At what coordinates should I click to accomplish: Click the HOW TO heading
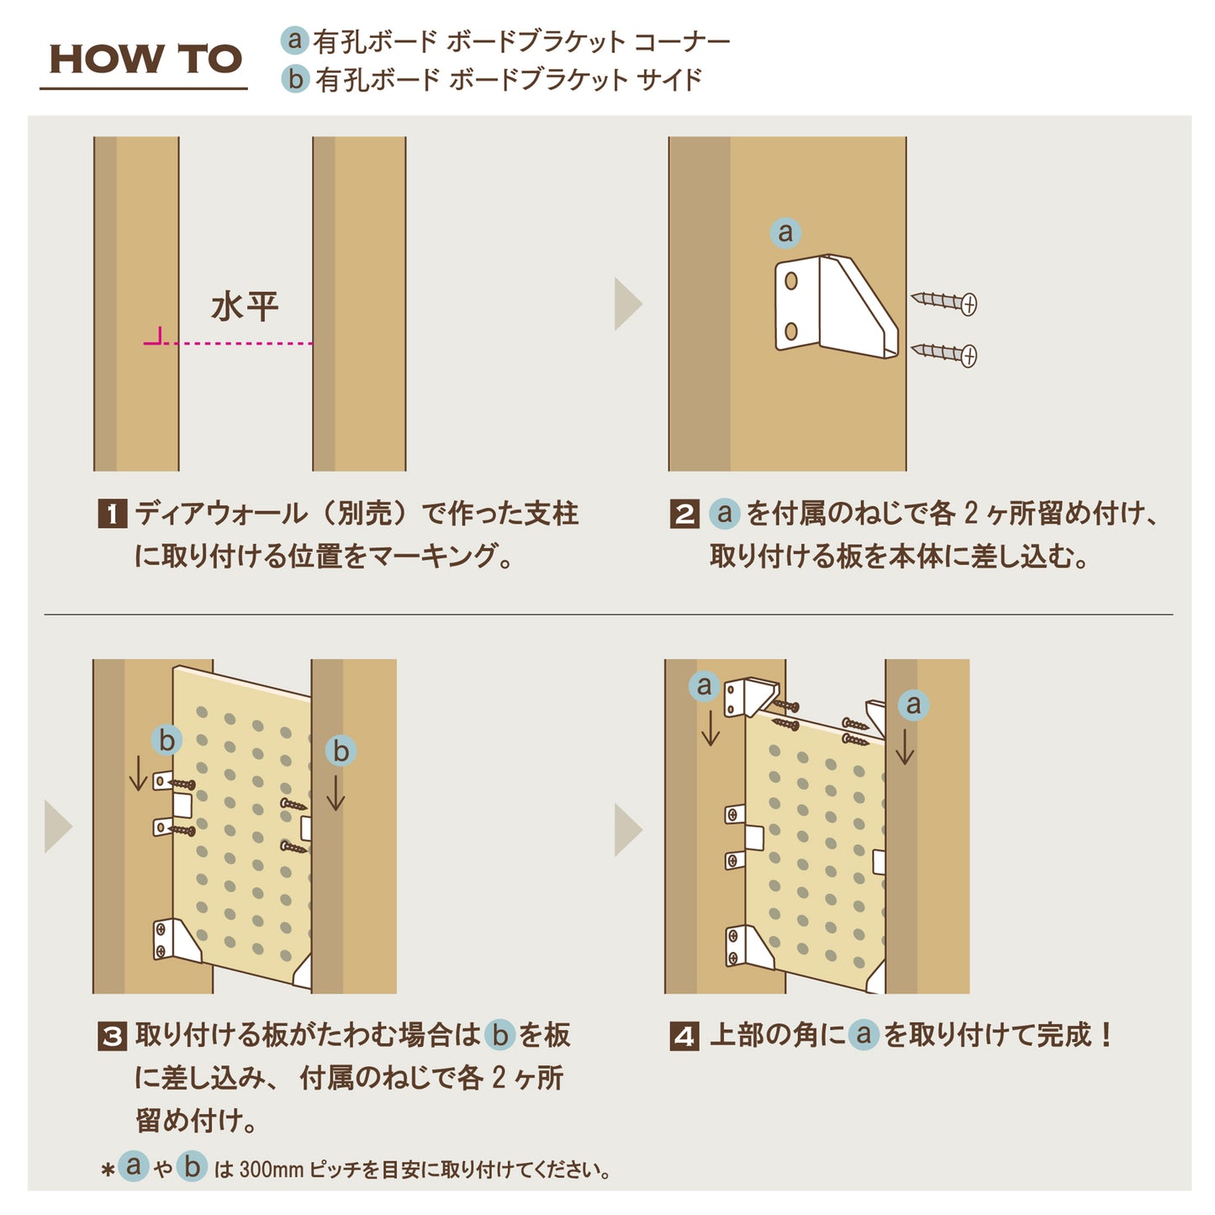tap(145, 59)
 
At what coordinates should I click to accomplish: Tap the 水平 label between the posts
tap(245, 307)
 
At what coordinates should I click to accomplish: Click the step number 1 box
tap(113, 514)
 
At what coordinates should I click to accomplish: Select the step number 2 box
tap(684, 514)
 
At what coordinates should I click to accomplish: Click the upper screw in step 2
tap(944, 302)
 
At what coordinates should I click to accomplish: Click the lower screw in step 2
tap(944, 354)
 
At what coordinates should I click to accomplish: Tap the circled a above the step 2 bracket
tap(785, 233)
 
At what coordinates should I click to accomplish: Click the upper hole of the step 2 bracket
tap(790, 281)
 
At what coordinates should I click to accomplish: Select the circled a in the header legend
tap(294, 40)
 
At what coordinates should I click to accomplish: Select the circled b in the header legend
tap(294, 79)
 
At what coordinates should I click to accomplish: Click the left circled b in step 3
tap(166, 740)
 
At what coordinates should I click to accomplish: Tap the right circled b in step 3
tap(341, 751)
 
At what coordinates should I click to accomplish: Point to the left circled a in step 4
tap(705, 686)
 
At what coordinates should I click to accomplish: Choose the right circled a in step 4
tap(913, 705)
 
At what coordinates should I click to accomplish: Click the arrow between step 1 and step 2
tap(628, 304)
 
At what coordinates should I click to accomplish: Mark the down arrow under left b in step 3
tap(138, 774)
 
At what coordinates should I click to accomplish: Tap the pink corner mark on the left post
tap(155, 338)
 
